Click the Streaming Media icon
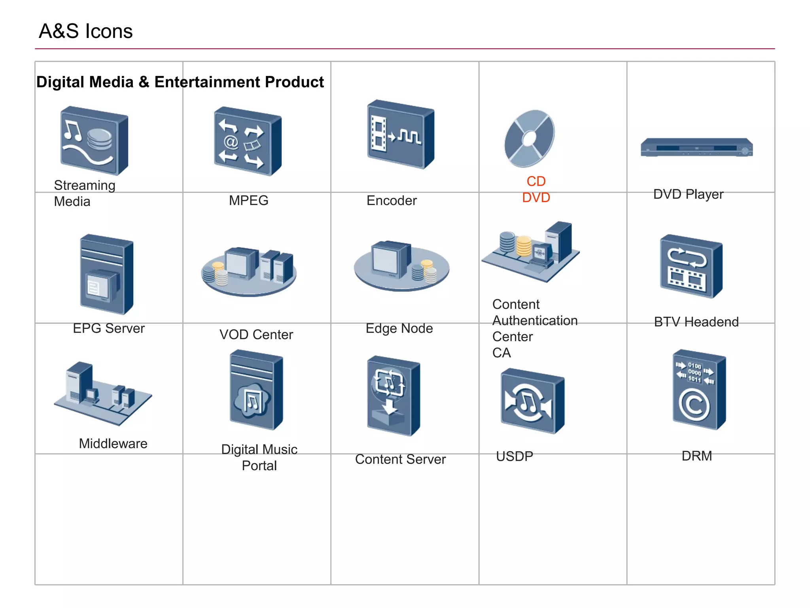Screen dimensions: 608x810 94,141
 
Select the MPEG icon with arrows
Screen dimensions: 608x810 248,141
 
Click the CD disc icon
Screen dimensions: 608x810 529,139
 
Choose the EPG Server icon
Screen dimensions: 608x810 106,275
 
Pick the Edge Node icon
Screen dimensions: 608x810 401,266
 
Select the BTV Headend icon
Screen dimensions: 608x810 691,266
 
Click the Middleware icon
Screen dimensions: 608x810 102,393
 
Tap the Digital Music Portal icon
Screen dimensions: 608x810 256,390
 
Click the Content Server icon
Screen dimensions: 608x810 393,396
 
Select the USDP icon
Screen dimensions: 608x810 532,401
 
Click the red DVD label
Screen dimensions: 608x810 536,198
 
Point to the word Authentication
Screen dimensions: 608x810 535,321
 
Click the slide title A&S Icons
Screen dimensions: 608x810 85,31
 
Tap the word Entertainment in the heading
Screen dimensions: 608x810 207,82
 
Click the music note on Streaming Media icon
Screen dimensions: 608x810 72,130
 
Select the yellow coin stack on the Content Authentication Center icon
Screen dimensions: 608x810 524,246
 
